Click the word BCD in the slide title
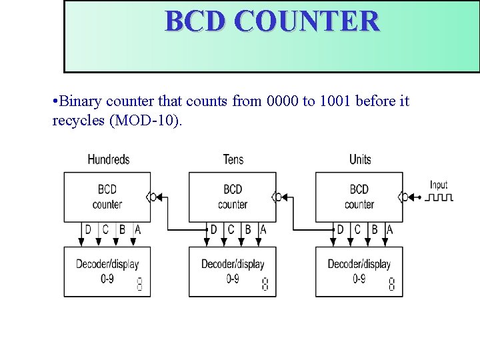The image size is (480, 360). pos(195,21)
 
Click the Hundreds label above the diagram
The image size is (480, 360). pos(109,159)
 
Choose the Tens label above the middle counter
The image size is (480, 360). pos(233,159)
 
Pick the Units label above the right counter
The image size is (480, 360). pos(360,159)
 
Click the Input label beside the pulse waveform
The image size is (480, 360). pos(439,185)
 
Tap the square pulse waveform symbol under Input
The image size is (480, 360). pos(440,197)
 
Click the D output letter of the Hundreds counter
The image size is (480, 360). pos(89,229)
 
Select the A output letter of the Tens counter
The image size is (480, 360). pos(263,229)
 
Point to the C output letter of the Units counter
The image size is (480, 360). pos(357,229)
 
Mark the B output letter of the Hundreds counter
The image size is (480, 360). pos(121,229)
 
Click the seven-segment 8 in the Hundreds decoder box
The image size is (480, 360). pos(139,283)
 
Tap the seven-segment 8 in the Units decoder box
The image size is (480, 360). pos(391,283)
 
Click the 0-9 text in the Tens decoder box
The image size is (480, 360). pos(232,279)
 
